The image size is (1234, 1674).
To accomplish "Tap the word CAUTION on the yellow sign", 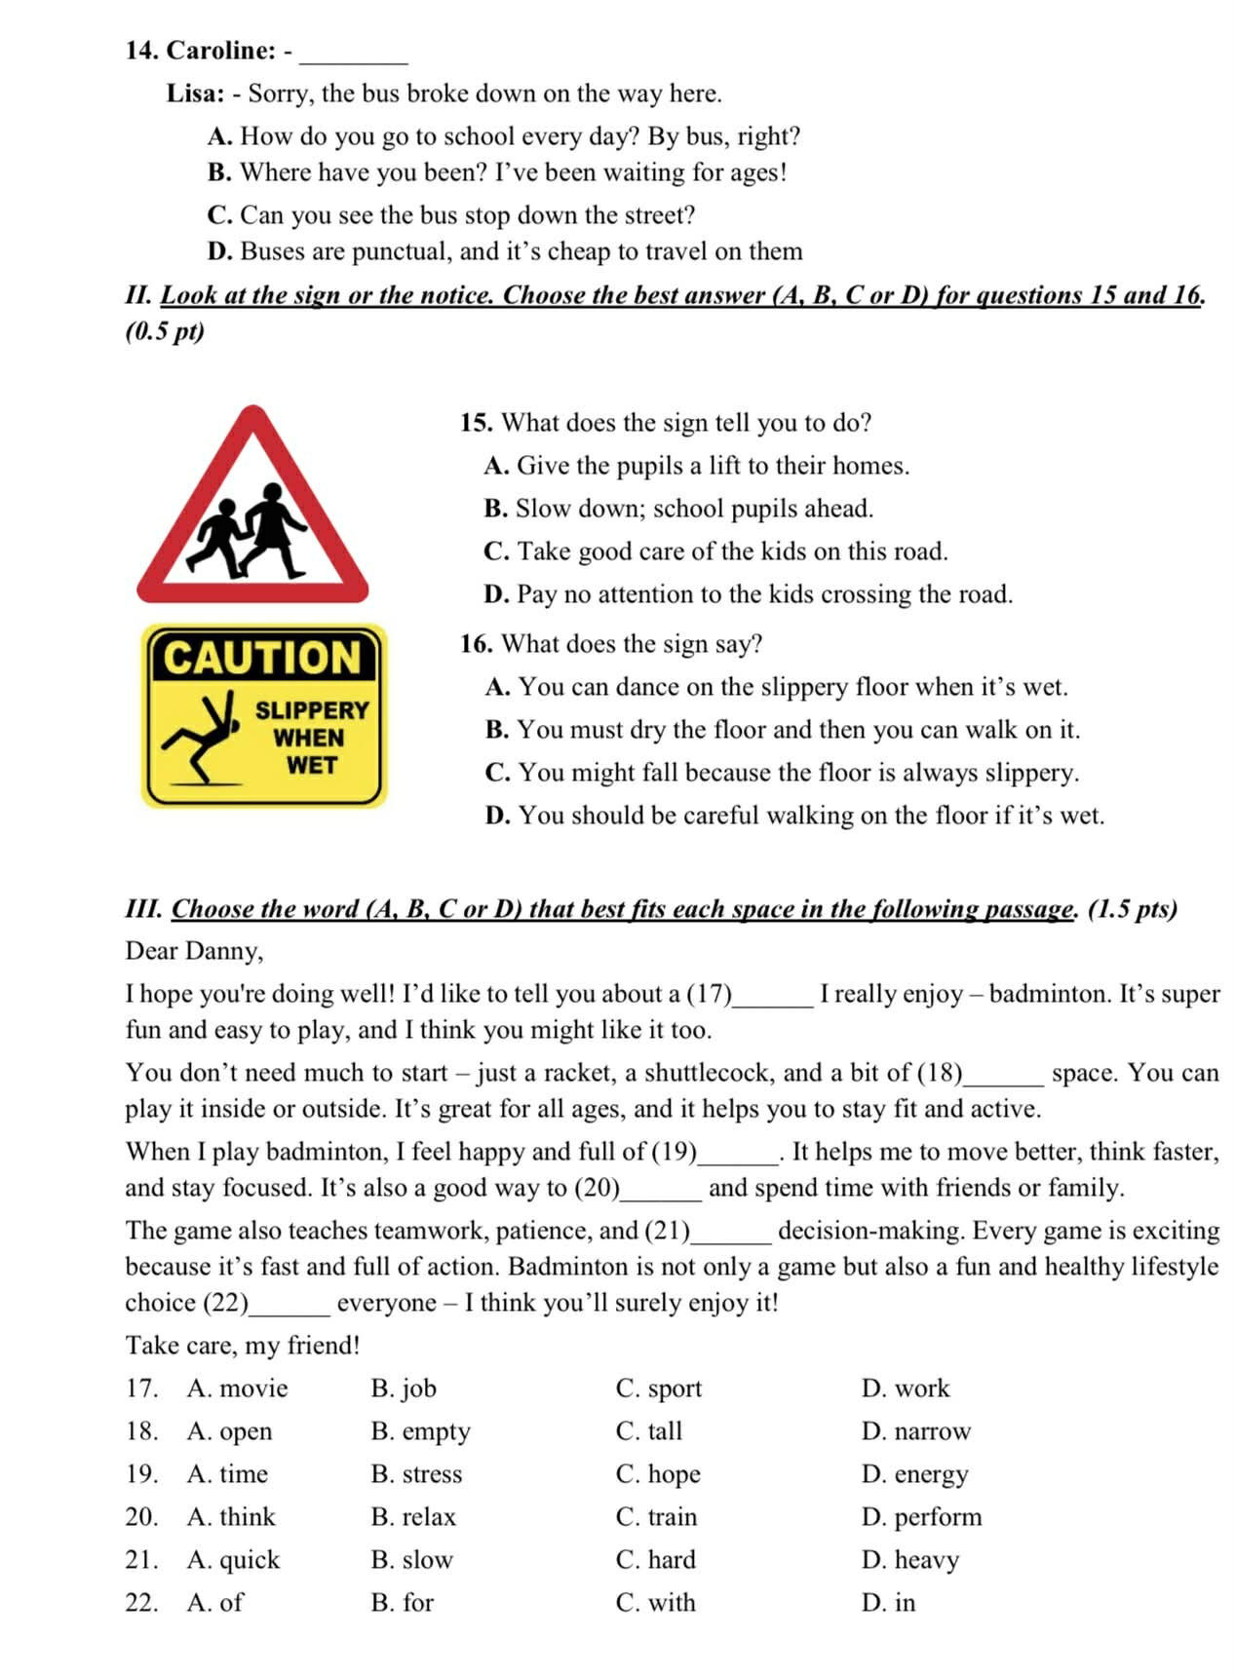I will (x=262, y=658).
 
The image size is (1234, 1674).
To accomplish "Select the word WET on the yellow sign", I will (x=311, y=766).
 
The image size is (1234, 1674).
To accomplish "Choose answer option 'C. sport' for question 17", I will (x=658, y=1388).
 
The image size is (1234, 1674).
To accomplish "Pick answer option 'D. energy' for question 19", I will (x=914, y=1473).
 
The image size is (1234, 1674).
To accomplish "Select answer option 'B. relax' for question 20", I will (x=413, y=1516).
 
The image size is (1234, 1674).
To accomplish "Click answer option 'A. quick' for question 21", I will (x=233, y=1559).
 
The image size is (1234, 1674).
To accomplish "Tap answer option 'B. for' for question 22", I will (x=402, y=1602).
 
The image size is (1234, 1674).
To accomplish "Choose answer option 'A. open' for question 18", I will (x=229, y=1430).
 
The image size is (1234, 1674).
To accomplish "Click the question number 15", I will (x=476, y=423).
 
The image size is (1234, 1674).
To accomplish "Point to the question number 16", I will (x=476, y=644).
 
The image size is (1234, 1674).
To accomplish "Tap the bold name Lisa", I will (x=195, y=94).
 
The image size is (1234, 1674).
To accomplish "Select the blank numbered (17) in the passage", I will (x=772, y=996).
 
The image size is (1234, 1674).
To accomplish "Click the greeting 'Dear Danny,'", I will (x=194, y=951).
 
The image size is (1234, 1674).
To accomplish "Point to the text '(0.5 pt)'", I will (x=165, y=331).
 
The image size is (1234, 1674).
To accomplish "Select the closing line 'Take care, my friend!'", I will (x=243, y=1346).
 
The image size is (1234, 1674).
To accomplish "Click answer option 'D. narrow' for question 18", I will (x=916, y=1430).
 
